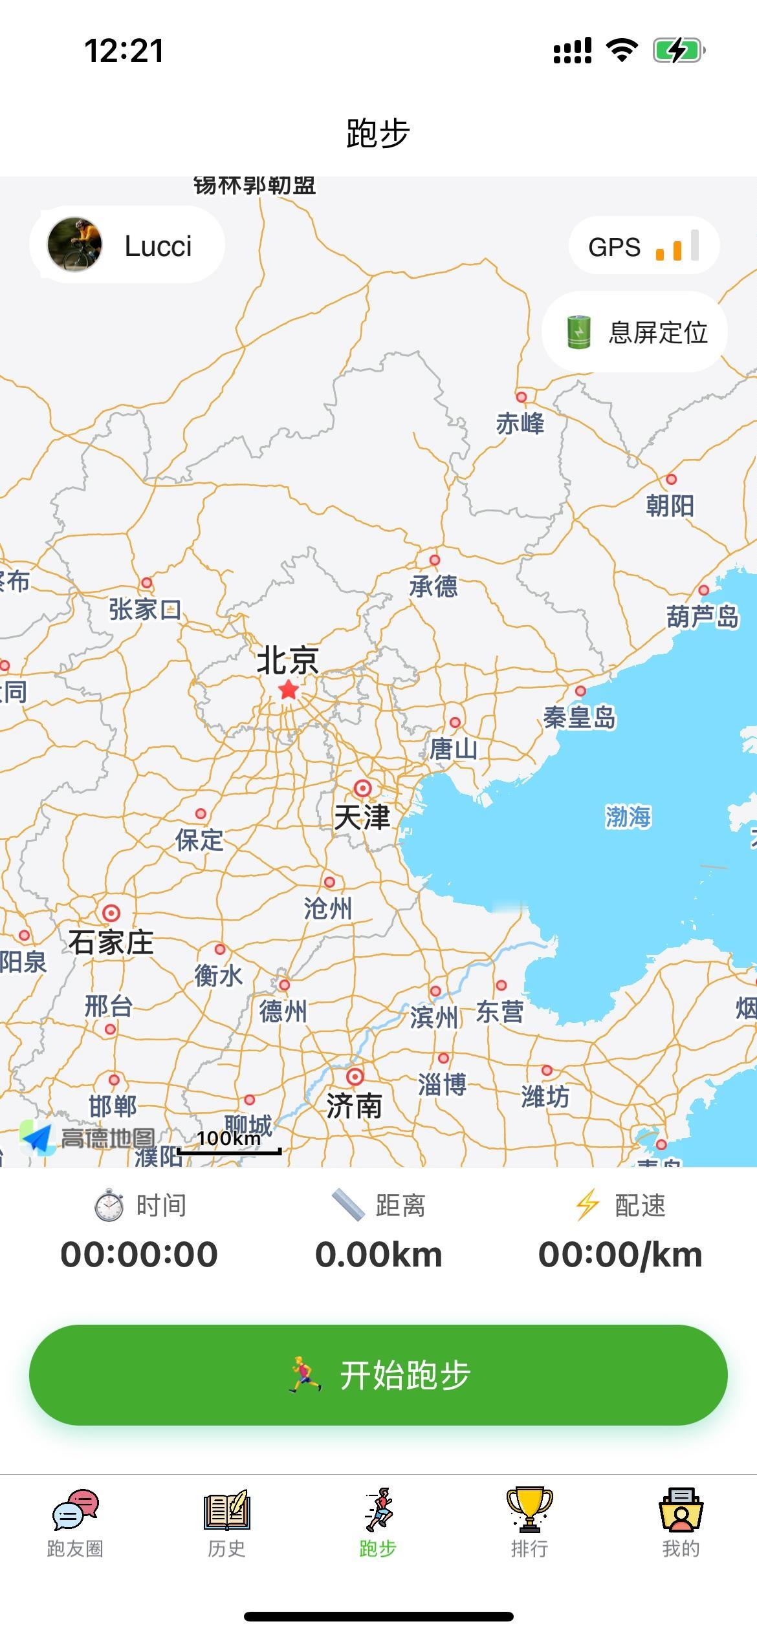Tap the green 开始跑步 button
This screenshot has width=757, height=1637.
(378, 1375)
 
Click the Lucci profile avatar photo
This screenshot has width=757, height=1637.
(74, 244)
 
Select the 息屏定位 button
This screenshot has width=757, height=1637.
(634, 332)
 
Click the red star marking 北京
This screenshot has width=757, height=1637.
(289, 690)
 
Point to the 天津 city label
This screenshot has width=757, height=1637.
(362, 817)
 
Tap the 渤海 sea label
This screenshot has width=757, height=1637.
(628, 816)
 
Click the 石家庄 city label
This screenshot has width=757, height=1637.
(111, 942)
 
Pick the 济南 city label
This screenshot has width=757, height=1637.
(354, 1106)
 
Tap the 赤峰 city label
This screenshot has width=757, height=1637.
(520, 423)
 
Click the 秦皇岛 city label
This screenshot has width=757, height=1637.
(579, 717)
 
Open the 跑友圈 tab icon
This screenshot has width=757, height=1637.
(75, 1510)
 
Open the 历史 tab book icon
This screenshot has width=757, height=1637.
(226, 1510)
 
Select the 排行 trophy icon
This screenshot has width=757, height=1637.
(529, 1510)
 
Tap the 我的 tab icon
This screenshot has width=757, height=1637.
(681, 1510)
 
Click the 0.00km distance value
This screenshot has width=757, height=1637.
(378, 1255)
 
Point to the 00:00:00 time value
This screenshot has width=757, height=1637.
(139, 1255)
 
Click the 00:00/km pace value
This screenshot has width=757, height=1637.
(620, 1255)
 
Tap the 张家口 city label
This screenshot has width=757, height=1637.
(144, 609)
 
